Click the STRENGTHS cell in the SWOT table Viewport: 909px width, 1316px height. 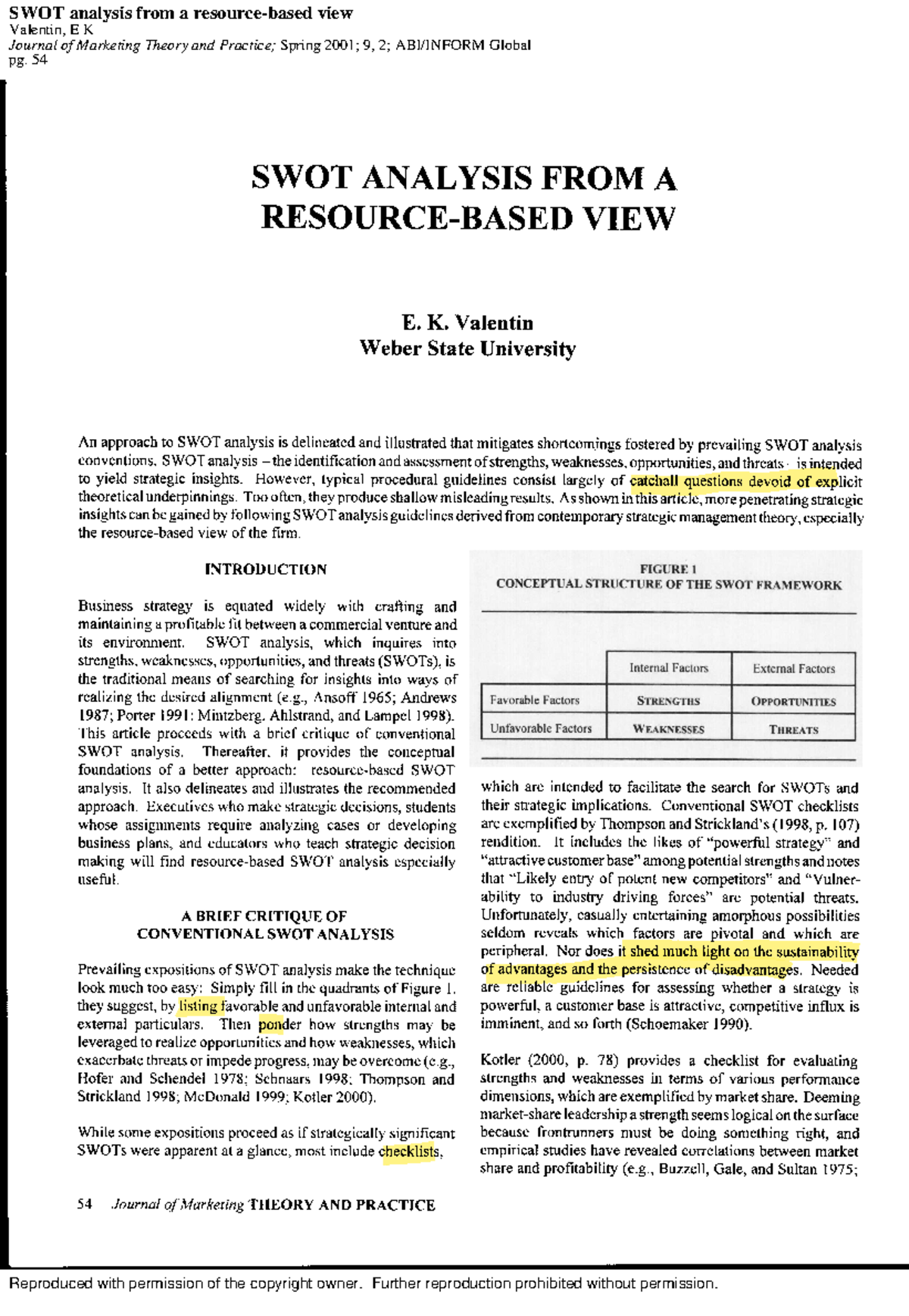(x=668, y=700)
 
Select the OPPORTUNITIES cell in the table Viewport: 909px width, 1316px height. (x=793, y=701)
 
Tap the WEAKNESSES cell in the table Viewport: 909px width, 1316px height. (x=668, y=729)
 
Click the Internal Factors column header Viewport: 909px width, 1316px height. (x=668, y=668)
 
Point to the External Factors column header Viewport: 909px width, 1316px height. (x=793, y=669)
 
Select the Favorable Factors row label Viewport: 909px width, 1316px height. (x=534, y=700)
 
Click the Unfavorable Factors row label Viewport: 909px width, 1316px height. (x=540, y=728)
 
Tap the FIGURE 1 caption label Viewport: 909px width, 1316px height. (x=668, y=569)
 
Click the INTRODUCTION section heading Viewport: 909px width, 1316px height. (x=266, y=569)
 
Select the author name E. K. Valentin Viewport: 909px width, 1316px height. (x=467, y=323)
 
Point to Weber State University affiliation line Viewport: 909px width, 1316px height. (x=467, y=348)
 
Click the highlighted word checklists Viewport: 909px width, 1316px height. (x=409, y=1152)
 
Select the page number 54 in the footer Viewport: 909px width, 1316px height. (x=84, y=1204)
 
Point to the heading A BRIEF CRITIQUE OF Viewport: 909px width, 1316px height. (x=264, y=915)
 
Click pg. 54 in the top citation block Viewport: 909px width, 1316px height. (x=28, y=60)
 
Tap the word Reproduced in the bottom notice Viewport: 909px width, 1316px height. (x=50, y=1283)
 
